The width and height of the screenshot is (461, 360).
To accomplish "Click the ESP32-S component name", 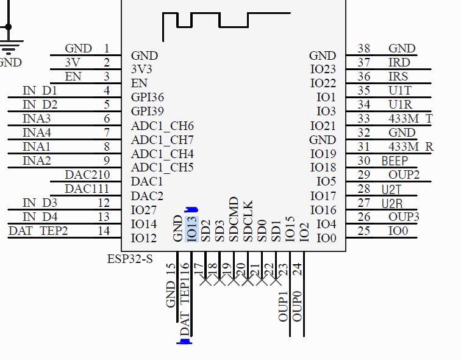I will coord(130,258).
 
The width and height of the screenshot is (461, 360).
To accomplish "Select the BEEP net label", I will coord(395,161).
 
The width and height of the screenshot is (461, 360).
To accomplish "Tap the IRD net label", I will coord(399,62).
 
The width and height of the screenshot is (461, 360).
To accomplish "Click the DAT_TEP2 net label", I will coord(38,231).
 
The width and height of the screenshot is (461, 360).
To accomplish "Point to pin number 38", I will coord(364,48).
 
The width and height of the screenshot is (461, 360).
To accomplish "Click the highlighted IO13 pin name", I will coord(191,229).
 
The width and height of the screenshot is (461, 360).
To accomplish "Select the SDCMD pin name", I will coord(234,219).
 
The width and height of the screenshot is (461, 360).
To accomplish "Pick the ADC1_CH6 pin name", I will coord(162,126).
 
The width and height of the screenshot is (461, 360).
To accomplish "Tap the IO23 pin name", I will coord(323,70).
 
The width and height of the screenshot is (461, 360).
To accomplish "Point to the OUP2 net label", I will coord(404,175).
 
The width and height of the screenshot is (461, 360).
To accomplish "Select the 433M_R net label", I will coord(410,146).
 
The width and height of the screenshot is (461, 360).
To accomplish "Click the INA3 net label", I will coord(37,118).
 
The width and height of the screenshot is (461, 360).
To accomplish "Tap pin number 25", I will coord(364,231).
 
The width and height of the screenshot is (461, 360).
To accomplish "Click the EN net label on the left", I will coord(73,76).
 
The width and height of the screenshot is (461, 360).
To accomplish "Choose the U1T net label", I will coord(399,90).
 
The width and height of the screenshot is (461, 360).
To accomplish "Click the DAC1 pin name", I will coord(147,182).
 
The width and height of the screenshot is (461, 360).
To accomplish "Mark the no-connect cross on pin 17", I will coord(205,281).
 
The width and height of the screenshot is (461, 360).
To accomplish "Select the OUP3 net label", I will coord(404,217).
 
